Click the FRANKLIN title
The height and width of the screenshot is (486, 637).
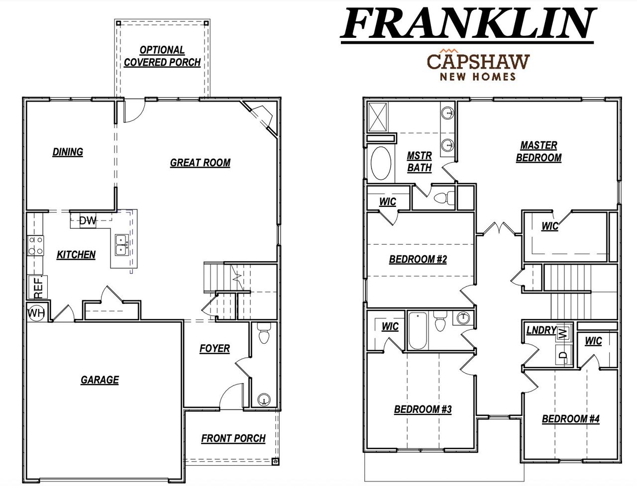468,23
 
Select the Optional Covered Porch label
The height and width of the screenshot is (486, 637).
162,56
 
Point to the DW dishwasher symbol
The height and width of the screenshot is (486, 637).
88,220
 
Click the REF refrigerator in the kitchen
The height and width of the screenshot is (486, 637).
38,287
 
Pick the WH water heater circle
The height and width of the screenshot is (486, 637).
36,312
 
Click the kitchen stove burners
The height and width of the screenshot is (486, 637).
35,245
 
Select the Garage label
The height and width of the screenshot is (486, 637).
100,380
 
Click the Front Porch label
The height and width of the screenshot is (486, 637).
233,438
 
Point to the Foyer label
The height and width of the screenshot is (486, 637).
214,348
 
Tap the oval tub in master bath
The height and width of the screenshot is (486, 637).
381,163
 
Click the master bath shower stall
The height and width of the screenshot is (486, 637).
381,117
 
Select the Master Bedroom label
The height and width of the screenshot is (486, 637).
538,151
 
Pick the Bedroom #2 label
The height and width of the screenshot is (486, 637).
418,259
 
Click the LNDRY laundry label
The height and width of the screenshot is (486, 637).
541,330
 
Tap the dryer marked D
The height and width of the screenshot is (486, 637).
563,355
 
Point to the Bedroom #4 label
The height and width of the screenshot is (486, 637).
570,419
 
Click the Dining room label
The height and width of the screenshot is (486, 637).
68,152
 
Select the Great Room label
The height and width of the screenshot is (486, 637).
200,163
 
